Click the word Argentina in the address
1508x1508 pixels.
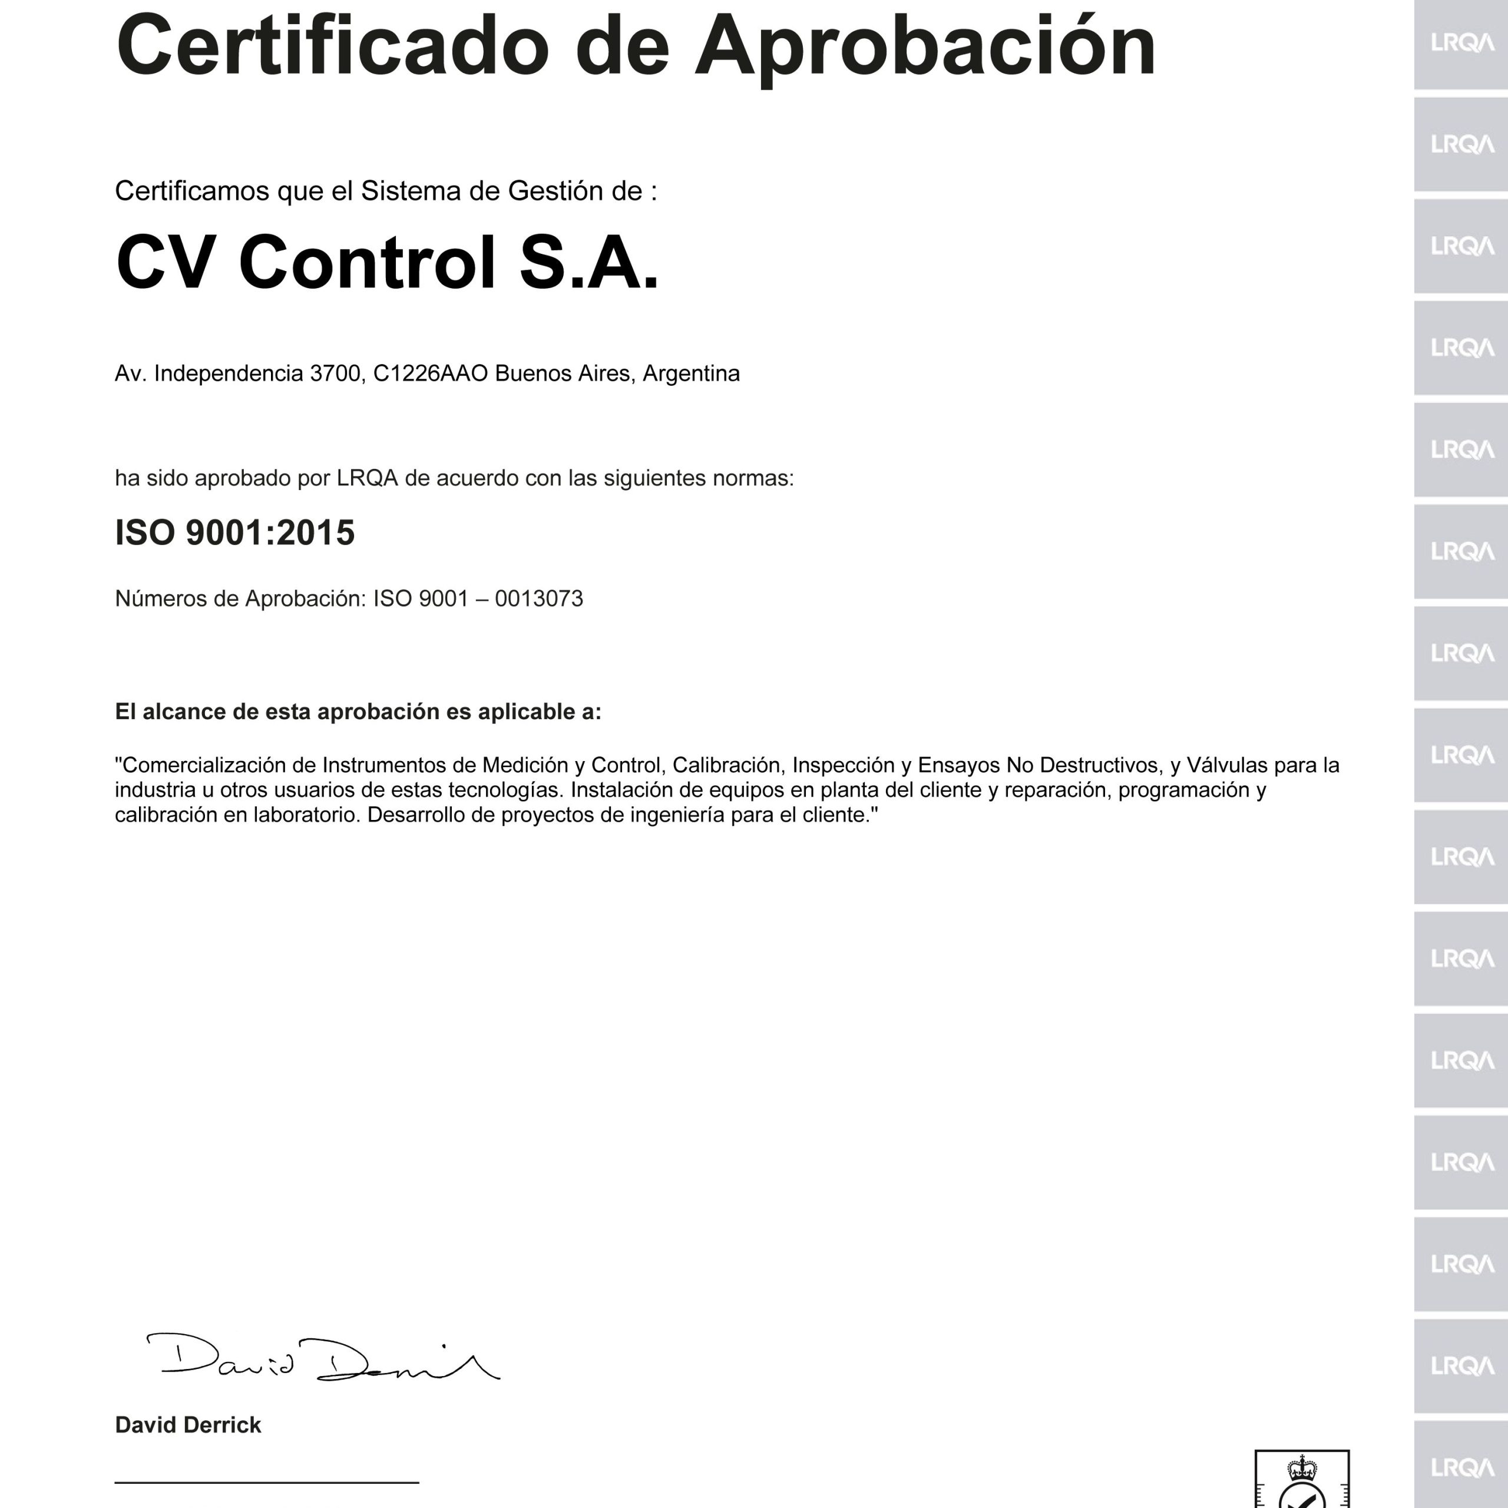[x=691, y=374]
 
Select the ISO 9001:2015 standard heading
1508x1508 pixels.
[x=235, y=533]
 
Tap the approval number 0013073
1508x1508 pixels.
[x=538, y=598]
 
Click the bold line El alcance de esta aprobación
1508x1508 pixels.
[x=358, y=712]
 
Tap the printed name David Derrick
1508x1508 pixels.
[x=188, y=1426]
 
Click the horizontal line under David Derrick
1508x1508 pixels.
[x=267, y=1481]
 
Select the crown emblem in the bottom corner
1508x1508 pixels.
[x=1302, y=1467]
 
